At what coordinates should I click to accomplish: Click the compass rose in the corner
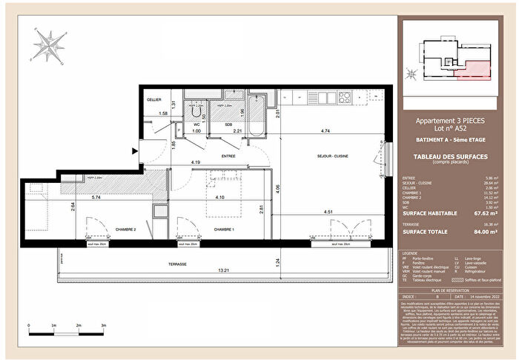[x=47, y=45]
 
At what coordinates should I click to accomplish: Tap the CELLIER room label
[x=153, y=99]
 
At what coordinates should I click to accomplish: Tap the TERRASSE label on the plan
[x=176, y=264]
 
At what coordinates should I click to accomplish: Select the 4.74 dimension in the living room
[x=325, y=130]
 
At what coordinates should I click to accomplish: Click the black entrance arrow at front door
[x=133, y=151]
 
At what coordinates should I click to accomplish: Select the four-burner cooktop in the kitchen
[x=346, y=96]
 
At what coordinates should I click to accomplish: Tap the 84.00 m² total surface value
[x=485, y=231]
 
